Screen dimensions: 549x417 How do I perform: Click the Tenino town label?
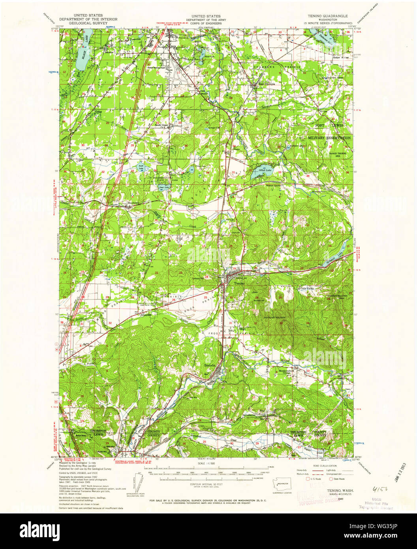239,283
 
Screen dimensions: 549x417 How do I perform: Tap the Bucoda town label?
210,365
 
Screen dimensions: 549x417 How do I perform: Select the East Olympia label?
267,84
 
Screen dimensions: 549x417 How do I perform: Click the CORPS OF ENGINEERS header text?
204,23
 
